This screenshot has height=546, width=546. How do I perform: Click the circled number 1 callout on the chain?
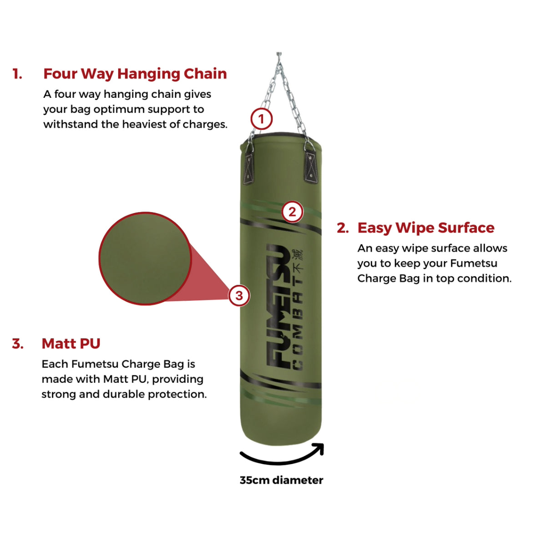(x=261, y=120)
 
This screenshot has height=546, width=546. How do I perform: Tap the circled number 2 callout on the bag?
(x=292, y=212)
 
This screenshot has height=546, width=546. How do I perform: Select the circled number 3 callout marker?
(x=239, y=296)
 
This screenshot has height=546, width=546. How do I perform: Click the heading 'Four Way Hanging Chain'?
(x=135, y=74)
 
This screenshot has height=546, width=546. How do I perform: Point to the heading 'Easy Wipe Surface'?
(x=425, y=227)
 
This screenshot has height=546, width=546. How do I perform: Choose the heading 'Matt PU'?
(x=71, y=344)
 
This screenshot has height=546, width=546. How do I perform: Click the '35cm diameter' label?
(x=281, y=480)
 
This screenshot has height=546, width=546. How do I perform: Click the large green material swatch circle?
(x=145, y=258)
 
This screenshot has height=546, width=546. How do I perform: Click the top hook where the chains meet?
(x=278, y=56)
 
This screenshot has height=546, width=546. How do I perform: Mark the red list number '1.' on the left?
(x=17, y=74)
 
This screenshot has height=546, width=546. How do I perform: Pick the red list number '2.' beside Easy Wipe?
(x=343, y=228)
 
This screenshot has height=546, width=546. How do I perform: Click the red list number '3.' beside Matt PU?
(x=18, y=344)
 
